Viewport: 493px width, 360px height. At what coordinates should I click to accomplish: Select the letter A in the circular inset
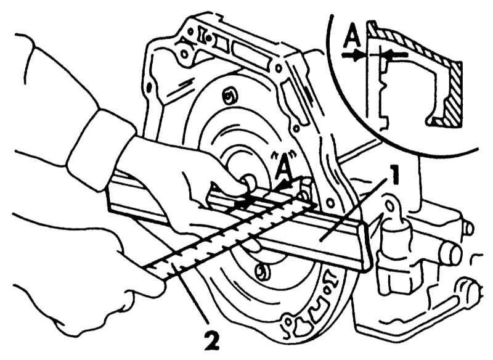351,39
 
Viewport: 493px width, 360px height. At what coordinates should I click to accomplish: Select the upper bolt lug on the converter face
229,96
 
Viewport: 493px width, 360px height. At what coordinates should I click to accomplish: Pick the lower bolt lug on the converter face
261,269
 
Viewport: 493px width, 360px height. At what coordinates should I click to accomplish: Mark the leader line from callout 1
357,207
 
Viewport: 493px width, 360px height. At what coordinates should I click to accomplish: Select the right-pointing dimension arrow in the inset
354,55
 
